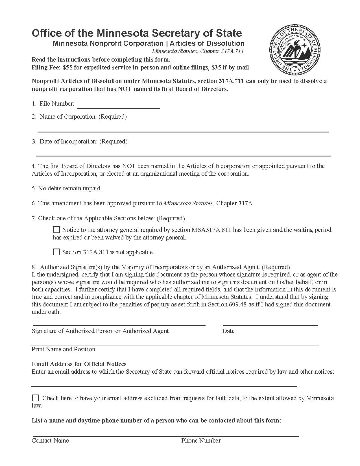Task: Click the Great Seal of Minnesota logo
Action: click(x=295, y=50)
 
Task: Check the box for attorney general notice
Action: click(x=57, y=230)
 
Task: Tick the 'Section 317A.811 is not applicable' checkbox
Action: click(x=57, y=252)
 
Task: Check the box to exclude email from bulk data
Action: click(x=36, y=398)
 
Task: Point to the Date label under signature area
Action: click(x=228, y=331)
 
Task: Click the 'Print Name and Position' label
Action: click(x=64, y=349)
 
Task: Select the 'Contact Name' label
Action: click(x=50, y=441)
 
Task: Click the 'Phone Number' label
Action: click(x=201, y=441)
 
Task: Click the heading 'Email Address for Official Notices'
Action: click(x=79, y=364)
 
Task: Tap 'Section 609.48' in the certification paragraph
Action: click(x=227, y=304)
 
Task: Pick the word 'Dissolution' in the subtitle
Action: click(x=226, y=43)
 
